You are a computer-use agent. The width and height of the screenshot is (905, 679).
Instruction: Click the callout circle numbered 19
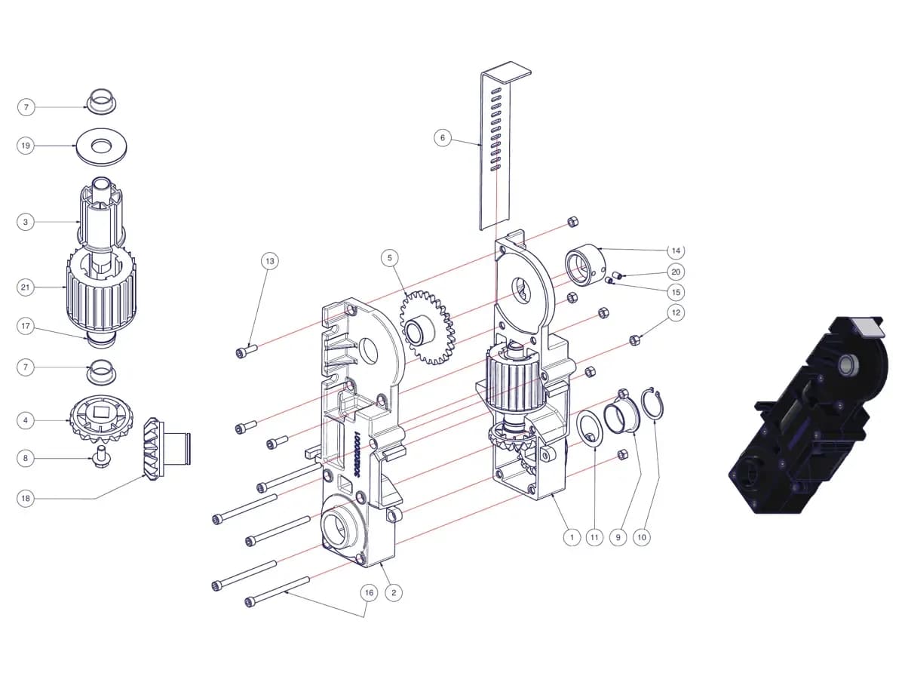[x=26, y=146]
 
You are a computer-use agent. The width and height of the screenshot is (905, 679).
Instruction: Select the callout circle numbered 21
[x=26, y=287]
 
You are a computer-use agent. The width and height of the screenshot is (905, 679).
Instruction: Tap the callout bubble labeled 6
[x=443, y=137]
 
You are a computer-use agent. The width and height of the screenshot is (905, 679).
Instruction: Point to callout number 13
[x=270, y=261]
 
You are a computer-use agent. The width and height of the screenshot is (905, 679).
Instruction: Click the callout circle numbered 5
[x=390, y=258]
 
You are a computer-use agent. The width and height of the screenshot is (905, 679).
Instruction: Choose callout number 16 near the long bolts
[x=369, y=592]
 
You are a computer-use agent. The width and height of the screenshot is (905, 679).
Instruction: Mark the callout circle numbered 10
[x=642, y=537]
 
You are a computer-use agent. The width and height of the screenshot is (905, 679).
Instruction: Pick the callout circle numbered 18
[x=26, y=499]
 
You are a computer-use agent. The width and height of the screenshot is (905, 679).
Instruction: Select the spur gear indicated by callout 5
[x=428, y=327]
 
